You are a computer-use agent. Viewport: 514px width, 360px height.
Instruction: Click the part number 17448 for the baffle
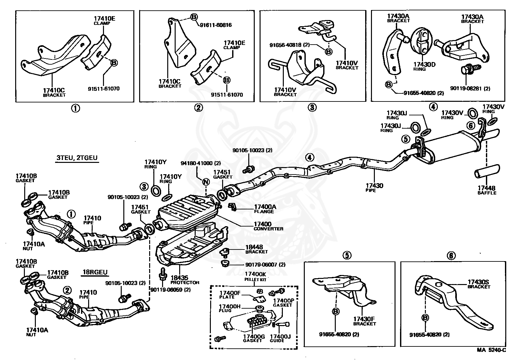487,188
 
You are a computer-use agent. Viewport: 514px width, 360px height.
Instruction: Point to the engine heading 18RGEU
94,272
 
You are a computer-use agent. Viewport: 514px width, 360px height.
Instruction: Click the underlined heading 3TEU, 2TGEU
77,158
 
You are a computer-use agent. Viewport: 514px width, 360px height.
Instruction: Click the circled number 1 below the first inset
75,108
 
